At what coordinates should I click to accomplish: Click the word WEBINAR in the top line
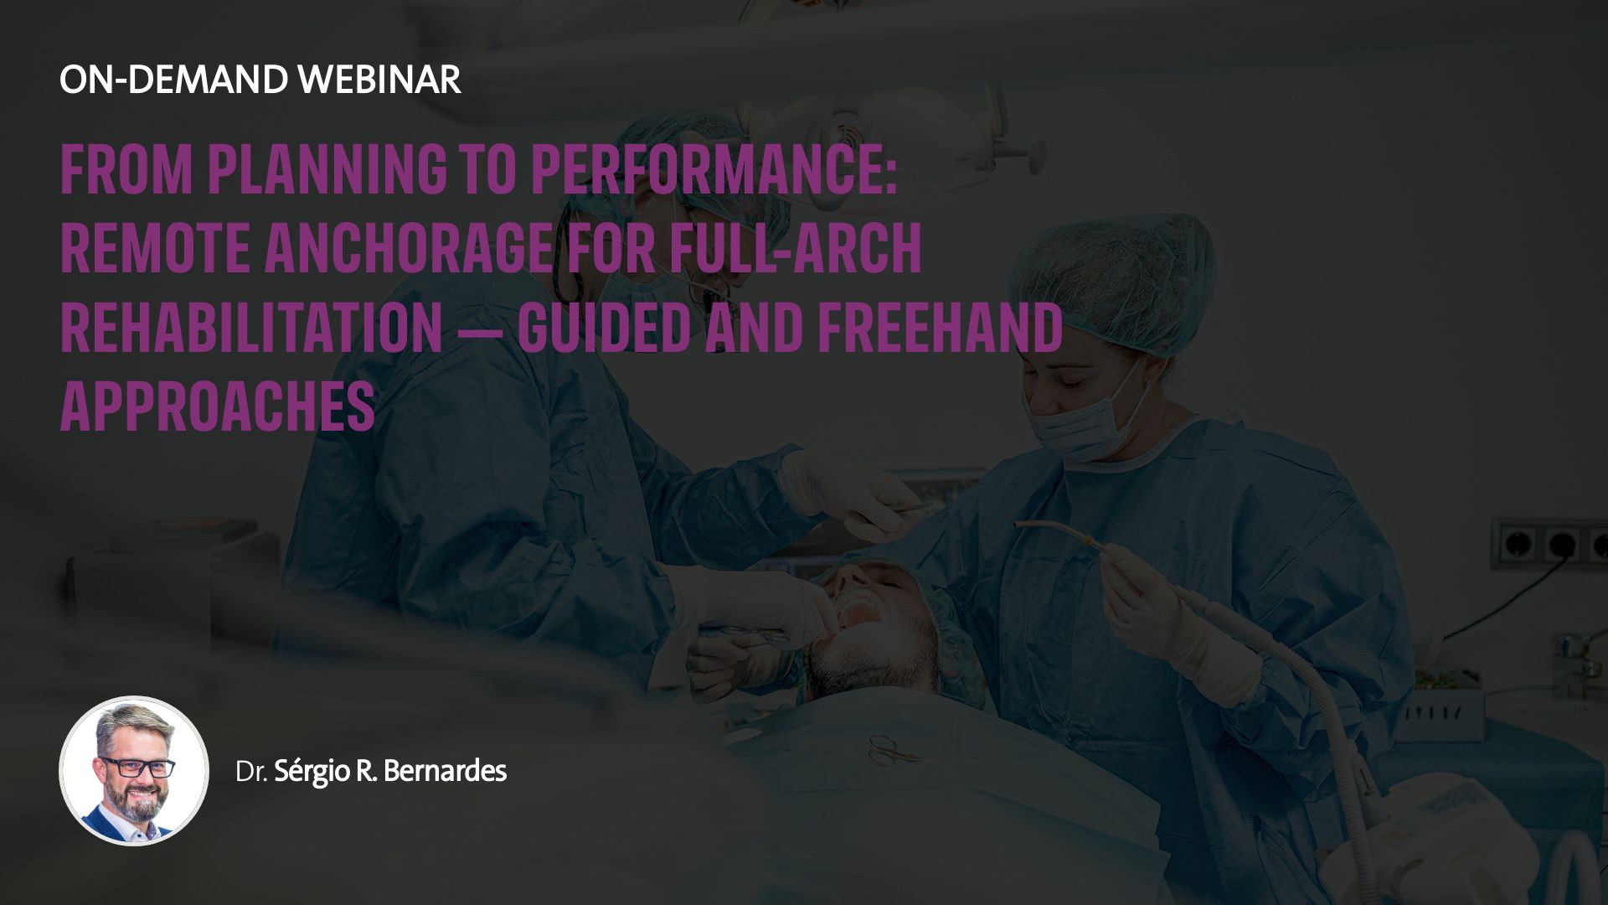click(379, 80)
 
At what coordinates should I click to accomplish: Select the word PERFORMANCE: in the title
click(714, 170)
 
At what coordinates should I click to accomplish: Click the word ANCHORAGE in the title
click(409, 248)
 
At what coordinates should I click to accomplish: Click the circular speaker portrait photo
click(134, 771)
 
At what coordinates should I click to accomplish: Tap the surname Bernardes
click(445, 771)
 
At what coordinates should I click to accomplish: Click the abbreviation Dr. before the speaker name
click(251, 772)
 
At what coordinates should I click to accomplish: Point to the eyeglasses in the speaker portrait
click(137, 767)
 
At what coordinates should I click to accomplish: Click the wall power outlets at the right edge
click(1549, 544)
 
